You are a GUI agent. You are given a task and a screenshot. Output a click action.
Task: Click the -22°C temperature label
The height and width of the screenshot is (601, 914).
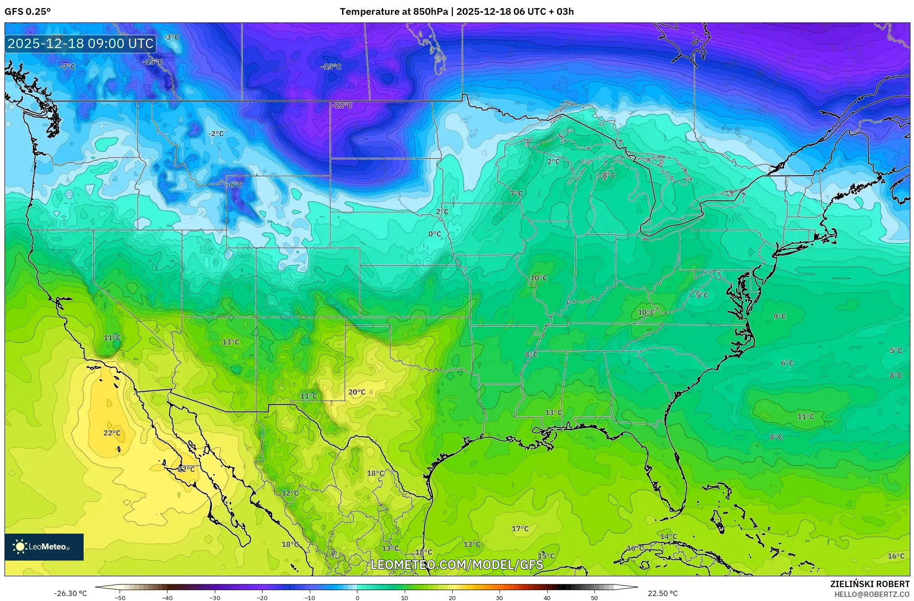pyautogui.click(x=343, y=105)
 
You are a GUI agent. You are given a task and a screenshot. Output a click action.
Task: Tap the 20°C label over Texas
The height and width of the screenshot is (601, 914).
pyautogui.click(x=357, y=392)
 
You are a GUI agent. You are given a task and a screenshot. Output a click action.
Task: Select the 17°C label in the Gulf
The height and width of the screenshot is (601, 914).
pyautogui.click(x=520, y=529)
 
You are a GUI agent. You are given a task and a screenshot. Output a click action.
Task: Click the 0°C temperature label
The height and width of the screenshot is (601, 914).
pyautogui.click(x=435, y=234)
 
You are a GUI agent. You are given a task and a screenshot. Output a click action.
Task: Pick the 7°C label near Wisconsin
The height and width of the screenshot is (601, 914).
pyautogui.click(x=517, y=194)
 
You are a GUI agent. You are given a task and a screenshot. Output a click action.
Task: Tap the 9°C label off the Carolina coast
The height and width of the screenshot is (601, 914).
pyautogui.click(x=780, y=317)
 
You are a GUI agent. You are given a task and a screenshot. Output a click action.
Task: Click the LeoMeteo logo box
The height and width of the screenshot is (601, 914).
pyautogui.click(x=44, y=547)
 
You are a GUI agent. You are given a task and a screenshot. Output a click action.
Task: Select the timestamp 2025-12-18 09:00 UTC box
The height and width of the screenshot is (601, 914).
pyautogui.click(x=81, y=44)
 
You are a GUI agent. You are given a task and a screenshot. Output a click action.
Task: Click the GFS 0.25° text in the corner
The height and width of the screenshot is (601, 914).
pyautogui.click(x=28, y=12)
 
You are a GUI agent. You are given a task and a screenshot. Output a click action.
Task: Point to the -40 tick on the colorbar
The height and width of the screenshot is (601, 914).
pyautogui.click(x=167, y=597)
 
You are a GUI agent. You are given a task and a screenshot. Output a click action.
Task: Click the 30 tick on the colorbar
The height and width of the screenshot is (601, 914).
pyautogui.click(x=499, y=597)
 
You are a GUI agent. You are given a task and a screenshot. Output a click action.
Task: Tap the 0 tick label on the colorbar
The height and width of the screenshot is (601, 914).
pyautogui.click(x=357, y=597)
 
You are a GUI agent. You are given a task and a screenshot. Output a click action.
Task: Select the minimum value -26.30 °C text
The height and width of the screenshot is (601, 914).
pyautogui.click(x=71, y=593)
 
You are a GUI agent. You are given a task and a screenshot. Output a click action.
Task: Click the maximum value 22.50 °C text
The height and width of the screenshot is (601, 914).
pyautogui.click(x=663, y=593)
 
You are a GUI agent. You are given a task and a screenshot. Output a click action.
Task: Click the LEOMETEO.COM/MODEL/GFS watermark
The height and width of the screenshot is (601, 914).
pyautogui.click(x=457, y=565)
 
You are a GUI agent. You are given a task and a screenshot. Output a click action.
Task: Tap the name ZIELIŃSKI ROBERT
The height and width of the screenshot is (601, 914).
pyautogui.click(x=869, y=584)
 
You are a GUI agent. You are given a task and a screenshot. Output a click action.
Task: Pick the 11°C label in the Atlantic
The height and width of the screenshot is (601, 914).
pyautogui.click(x=806, y=417)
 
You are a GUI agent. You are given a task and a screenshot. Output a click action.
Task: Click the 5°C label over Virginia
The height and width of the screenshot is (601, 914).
pyautogui.click(x=702, y=295)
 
